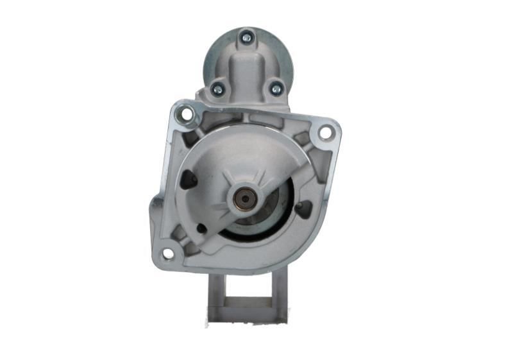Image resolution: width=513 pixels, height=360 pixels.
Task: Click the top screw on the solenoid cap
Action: tap(246, 39)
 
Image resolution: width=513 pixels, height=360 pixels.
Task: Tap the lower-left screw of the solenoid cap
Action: tap(217, 89)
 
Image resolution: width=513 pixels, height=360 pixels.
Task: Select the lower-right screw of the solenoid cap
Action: tap(276, 89)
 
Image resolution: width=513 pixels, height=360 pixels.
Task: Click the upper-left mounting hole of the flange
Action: tap(186, 115)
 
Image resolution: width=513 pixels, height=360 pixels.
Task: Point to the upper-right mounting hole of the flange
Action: tap(325, 132)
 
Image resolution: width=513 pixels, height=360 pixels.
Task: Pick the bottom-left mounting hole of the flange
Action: tap(167, 253)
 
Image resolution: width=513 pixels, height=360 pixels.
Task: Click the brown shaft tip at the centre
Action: tap(244, 199)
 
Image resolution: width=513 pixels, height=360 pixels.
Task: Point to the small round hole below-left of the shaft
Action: tap(201, 227)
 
